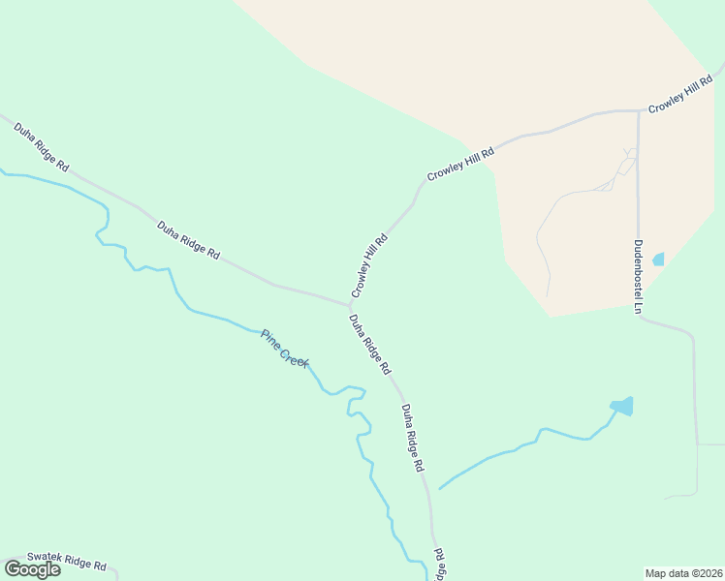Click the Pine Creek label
(284, 349)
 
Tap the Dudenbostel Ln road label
(639, 277)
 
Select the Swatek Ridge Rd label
(65, 561)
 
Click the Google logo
(32, 569)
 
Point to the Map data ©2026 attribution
(683, 573)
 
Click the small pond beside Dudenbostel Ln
(659, 260)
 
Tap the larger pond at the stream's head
(622, 406)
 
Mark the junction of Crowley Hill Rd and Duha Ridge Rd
(351, 306)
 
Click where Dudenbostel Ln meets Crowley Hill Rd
(638, 110)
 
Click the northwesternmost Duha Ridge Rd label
(41, 147)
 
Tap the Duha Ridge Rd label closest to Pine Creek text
(369, 345)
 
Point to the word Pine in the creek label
(269, 338)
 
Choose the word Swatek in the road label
(46, 558)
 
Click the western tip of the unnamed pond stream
(440, 488)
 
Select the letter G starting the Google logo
(14, 569)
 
